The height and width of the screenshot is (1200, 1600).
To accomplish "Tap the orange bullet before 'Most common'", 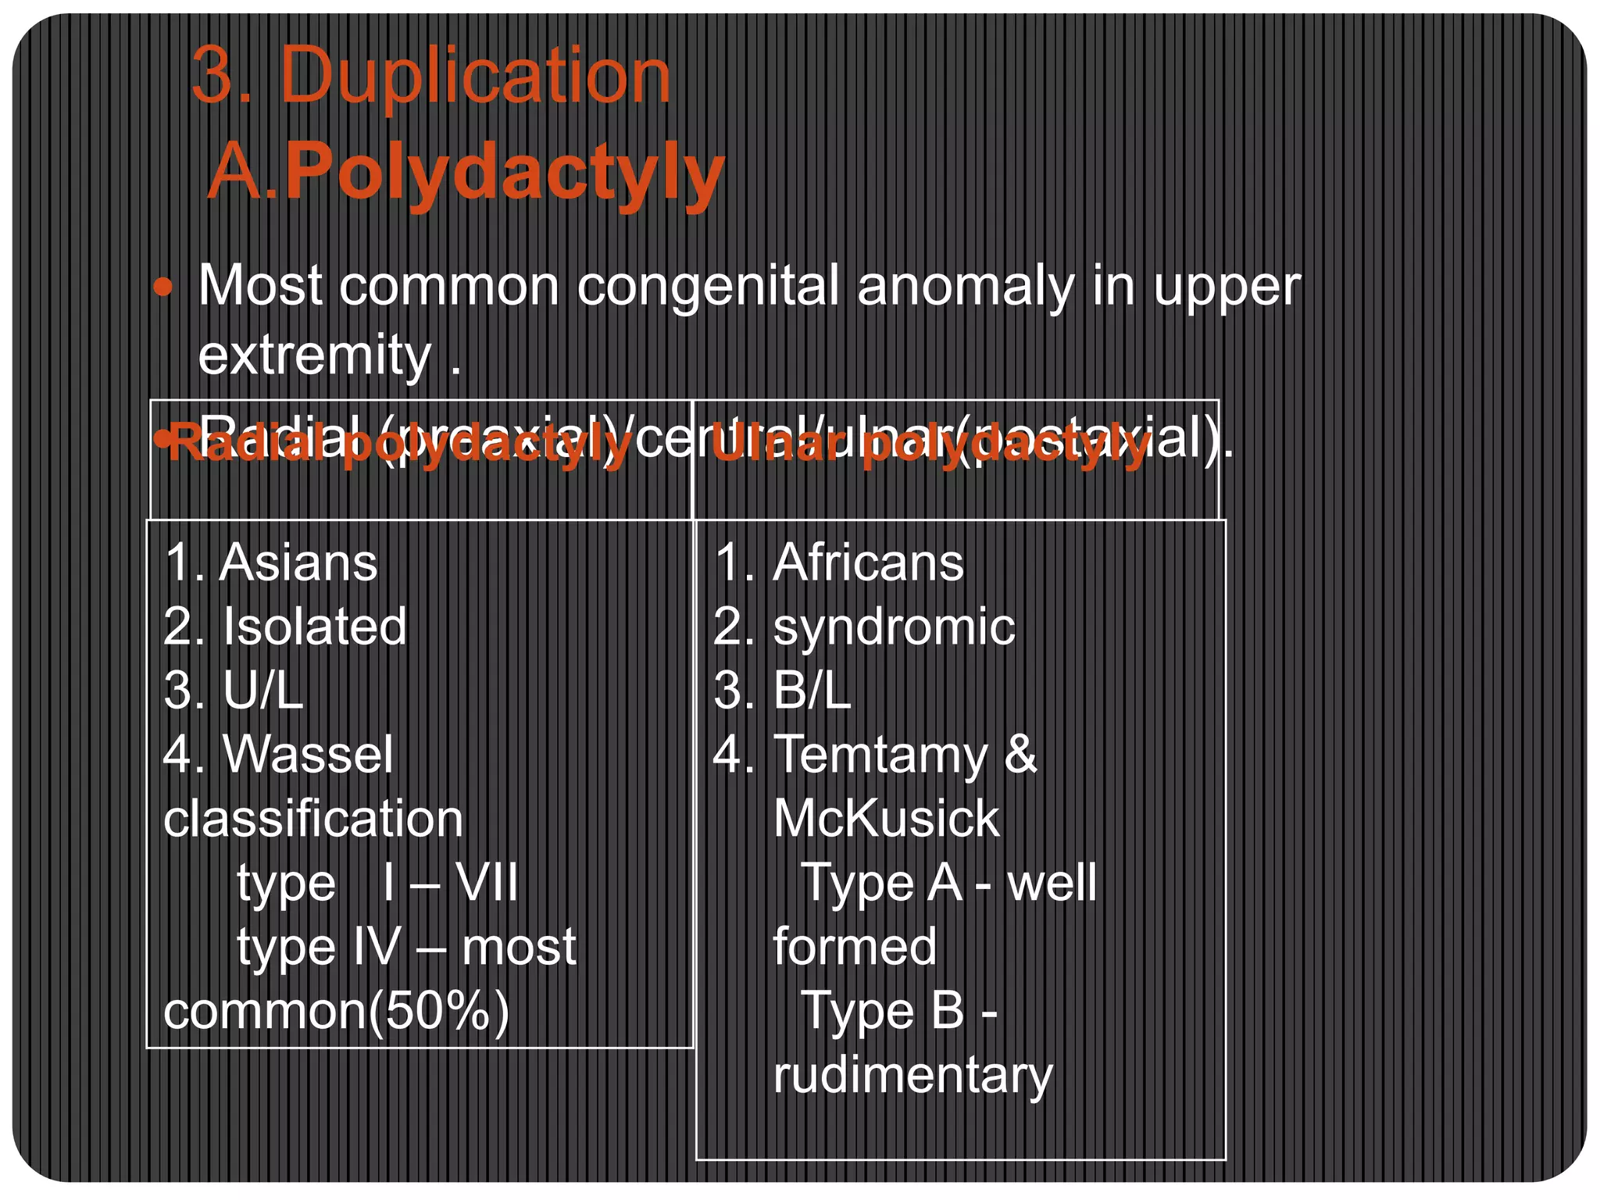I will coord(162,287).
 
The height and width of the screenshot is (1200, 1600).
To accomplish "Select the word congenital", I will coord(708,286).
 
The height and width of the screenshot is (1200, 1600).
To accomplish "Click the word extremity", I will coord(314,355).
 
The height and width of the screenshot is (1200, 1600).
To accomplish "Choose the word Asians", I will coord(298,562).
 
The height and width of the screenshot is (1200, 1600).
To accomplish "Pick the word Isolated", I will coord(315,627).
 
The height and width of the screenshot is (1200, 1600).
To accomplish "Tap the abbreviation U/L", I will coord(263,691).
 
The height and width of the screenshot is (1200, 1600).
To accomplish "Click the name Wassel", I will coord(308,755).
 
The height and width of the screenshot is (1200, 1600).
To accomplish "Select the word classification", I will coord(313,819).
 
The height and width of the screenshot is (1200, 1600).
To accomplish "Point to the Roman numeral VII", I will coord(486,883).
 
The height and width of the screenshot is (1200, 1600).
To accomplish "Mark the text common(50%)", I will coord(336,1011).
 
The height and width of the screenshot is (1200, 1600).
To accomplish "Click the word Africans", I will coord(868,562).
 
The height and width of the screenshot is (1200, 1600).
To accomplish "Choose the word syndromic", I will coord(894,628).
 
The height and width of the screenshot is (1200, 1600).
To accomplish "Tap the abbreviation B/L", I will coord(812,691).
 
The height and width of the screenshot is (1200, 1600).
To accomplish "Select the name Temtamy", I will coord(880,756).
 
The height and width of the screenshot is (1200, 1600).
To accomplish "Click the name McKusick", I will coord(886,819).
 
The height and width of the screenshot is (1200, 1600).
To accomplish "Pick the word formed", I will coord(855,947).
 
